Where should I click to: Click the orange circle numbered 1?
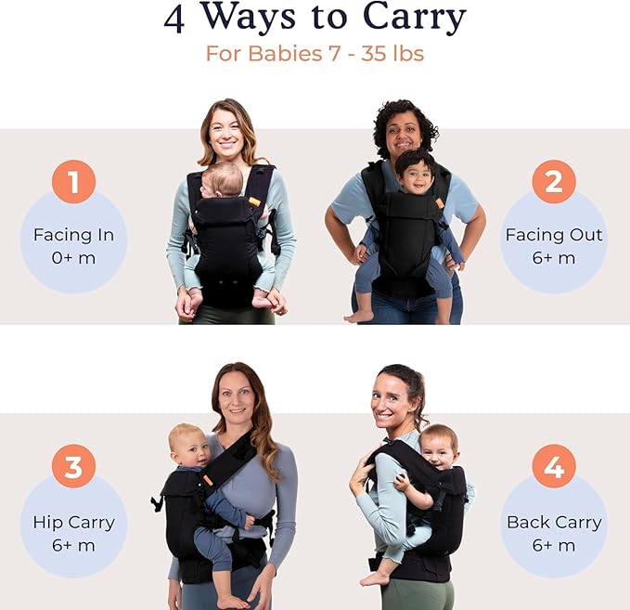(73, 182)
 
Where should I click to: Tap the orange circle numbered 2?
(554, 182)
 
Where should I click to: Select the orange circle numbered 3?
(73, 465)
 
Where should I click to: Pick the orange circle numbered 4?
(554, 465)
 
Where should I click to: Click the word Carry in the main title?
(402, 18)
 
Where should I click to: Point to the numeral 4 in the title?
(174, 19)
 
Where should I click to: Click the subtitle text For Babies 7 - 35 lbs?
(315, 54)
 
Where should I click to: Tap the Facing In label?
(73, 234)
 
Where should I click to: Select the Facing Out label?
(554, 234)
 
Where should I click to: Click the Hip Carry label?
(73, 522)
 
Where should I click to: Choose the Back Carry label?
(554, 522)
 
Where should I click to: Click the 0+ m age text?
(73, 258)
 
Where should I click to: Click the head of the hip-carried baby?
(188, 444)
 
